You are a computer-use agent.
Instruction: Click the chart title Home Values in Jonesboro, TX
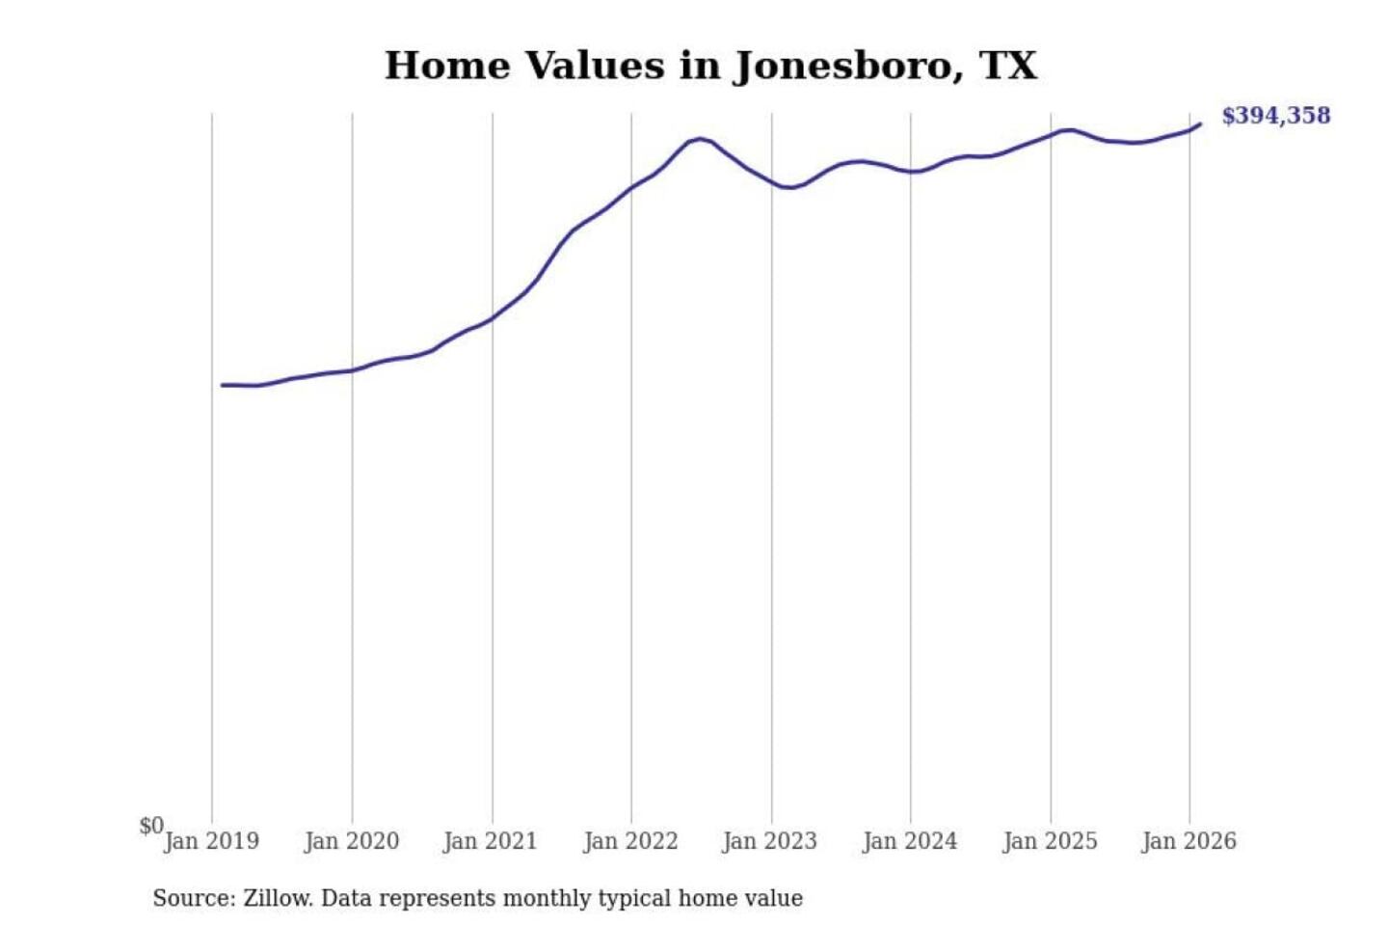(x=710, y=66)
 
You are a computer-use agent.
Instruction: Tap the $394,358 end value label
(x=1275, y=116)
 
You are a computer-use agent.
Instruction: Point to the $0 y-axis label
(x=151, y=826)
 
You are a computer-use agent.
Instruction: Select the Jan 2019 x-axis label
(x=211, y=841)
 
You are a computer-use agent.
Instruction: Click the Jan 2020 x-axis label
(x=351, y=841)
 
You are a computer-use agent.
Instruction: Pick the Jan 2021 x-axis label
(x=490, y=841)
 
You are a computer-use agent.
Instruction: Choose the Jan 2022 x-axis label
(x=630, y=841)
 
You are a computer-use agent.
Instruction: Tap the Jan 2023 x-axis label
(x=769, y=841)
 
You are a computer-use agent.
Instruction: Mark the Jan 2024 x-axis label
(x=909, y=841)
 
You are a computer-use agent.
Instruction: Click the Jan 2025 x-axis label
(x=1050, y=841)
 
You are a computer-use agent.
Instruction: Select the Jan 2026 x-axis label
(x=1188, y=841)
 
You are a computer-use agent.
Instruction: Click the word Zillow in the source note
(x=278, y=898)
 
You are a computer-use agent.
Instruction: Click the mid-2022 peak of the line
(x=700, y=139)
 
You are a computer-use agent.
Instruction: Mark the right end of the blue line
(x=1200, y=123)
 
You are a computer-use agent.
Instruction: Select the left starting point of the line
(x=223, y=385)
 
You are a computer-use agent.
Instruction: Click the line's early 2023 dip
(x=788, y=187)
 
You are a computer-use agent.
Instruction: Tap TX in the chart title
(x=1008, y=66)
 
